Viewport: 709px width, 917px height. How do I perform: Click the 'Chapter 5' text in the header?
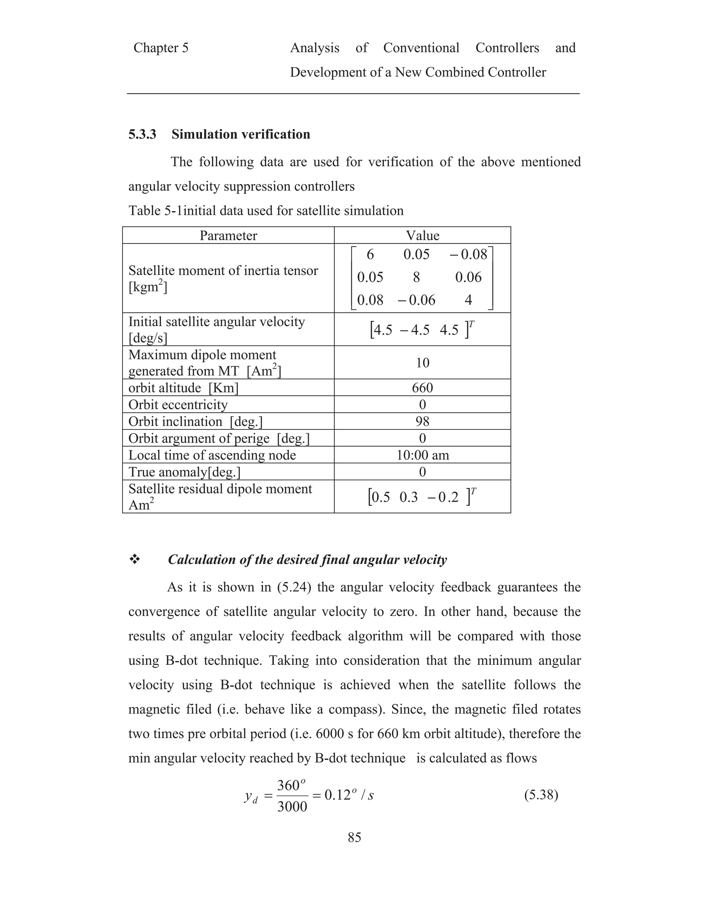[161, 48]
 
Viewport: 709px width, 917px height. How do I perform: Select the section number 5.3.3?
[142, 134]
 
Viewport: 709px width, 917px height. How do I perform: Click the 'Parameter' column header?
[228, 236]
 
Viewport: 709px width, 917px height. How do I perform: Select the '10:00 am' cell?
[423, 455]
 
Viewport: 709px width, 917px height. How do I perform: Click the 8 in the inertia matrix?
[416, 277]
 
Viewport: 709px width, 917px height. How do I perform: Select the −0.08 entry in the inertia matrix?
[468, 254]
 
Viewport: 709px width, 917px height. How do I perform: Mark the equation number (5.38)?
[541, 795]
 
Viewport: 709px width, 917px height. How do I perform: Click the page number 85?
[354, 837]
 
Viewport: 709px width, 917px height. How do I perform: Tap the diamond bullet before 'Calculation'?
[134, 559]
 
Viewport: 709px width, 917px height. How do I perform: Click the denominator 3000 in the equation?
[292, 807]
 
